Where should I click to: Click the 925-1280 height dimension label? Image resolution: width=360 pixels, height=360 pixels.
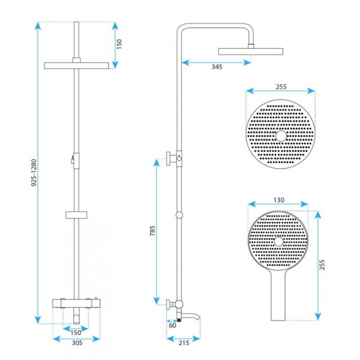click(x=34, y=173)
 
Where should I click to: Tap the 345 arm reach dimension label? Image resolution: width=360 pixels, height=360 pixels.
click(x=217, y=67)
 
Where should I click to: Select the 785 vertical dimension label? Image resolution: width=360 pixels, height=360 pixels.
click(x=152, y=231)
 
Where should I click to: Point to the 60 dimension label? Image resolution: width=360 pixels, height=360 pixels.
click(x=172, y=325)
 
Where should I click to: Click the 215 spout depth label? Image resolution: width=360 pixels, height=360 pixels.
click(x=184, y=343)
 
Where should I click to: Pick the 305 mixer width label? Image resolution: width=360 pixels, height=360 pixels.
click(x=77, y=343)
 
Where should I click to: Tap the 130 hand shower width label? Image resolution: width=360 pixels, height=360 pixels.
click(x=279, y=200)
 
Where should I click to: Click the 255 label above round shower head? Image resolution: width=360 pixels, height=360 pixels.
click(x=281, y=87)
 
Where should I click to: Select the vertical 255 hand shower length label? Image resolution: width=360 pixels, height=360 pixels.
click(x=322, y=265)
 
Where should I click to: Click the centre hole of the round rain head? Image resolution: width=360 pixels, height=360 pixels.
click(x=281, y=136)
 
